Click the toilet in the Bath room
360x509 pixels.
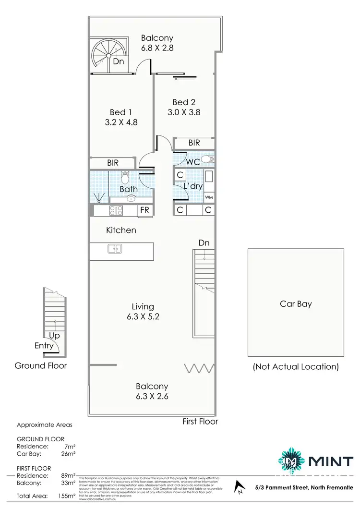pyautogui.click(x=126, y=178)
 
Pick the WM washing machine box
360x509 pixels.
pyautogui.click(x=209, y=197)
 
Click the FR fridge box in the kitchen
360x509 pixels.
pyautogui.click(x=144, y=210)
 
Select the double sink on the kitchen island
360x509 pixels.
pyautogui.click(x=115, y=248)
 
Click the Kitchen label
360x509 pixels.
pyautogui.click(x=121, y=230)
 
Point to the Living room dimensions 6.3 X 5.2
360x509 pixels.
pyautogui.click(x=143, y=316)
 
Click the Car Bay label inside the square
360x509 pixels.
pyautogui.click(x=296, y=304)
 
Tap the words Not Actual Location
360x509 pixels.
pyautogui.click(x=296, y=367)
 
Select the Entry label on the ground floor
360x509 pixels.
pyautogui.click(x=44, y=345)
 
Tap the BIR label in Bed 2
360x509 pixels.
pyautogui.click(x=194, y=143)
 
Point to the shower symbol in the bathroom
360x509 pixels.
pyautogui.click(x=99, y=197)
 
